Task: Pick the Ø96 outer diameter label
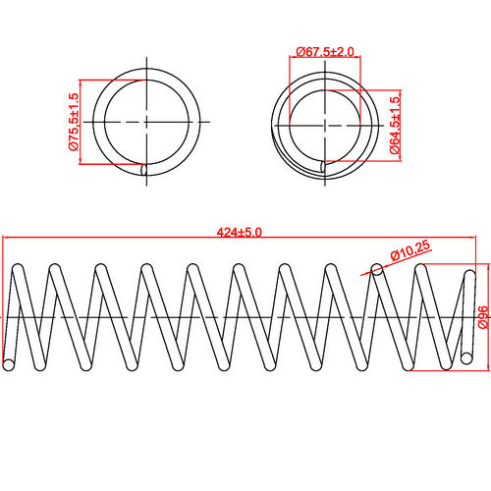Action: pos(482,316)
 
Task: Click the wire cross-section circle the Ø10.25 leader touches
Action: pos(377,268)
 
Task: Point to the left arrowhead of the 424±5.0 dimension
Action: pos(5,237)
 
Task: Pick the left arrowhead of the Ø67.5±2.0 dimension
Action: pos(291,60)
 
